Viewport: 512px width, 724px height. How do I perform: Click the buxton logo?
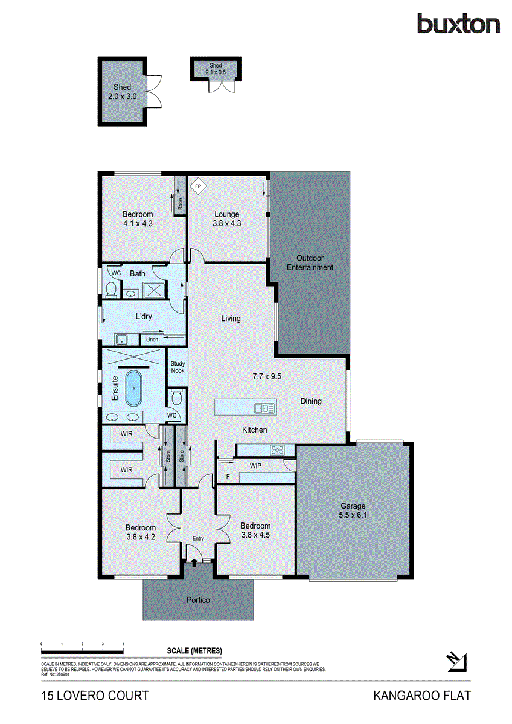458,24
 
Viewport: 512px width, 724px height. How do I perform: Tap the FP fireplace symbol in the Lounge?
197,186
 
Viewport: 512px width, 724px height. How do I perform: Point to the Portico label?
198,600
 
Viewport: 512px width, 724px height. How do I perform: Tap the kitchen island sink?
264,408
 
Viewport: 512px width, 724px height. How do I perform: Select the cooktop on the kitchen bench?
277,449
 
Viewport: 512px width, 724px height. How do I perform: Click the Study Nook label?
178,367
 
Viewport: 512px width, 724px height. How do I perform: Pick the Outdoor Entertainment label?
310,263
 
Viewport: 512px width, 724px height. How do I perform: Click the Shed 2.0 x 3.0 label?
122,91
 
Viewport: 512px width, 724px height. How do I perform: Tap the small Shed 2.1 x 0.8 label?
216,68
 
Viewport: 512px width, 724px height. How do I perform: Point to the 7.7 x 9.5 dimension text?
267,376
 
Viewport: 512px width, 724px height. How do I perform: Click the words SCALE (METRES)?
194,650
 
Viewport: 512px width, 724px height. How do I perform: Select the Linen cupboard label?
152,340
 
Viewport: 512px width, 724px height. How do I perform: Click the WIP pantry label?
255,466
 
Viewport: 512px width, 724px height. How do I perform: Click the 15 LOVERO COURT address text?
95,696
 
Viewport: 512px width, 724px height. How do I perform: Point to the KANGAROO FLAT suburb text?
421,696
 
